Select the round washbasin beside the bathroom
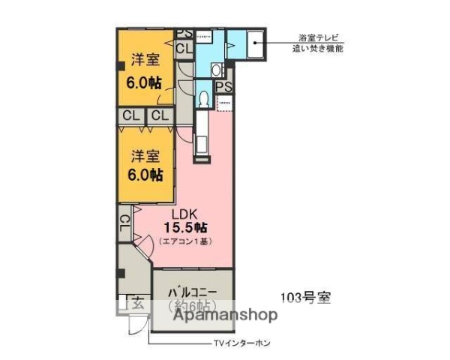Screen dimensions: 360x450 coord(216,70)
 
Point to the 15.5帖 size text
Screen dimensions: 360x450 coord(187,226)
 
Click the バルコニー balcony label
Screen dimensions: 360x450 coord(192,289)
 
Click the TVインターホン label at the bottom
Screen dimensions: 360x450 coord(241,343)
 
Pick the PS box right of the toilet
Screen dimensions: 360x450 coord(223,87)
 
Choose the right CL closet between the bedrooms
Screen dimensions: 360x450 coord(157,115)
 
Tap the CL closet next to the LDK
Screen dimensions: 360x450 coord(124,224)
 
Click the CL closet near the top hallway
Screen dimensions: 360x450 coord(184,48)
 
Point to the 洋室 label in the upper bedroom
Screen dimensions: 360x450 coord(143,58)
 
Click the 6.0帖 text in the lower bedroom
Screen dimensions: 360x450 coord(144,175)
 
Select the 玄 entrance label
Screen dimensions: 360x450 coord(137,304)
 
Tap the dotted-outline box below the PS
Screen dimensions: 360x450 coord(223,103)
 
